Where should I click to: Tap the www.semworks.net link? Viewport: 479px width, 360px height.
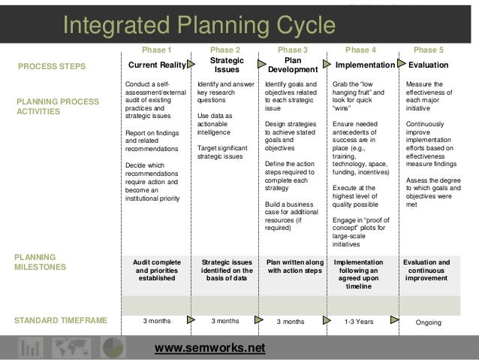209,348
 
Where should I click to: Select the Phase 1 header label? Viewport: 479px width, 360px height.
157,50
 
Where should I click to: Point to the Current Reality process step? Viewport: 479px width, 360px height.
157,65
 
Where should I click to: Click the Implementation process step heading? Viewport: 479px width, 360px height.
364,65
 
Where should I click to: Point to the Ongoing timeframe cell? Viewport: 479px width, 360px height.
429,322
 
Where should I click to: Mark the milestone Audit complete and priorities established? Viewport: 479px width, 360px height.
157,270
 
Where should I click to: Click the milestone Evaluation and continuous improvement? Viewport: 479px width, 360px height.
426,270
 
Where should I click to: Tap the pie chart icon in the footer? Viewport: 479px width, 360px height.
113,346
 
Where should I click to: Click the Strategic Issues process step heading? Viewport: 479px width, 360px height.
225,65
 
